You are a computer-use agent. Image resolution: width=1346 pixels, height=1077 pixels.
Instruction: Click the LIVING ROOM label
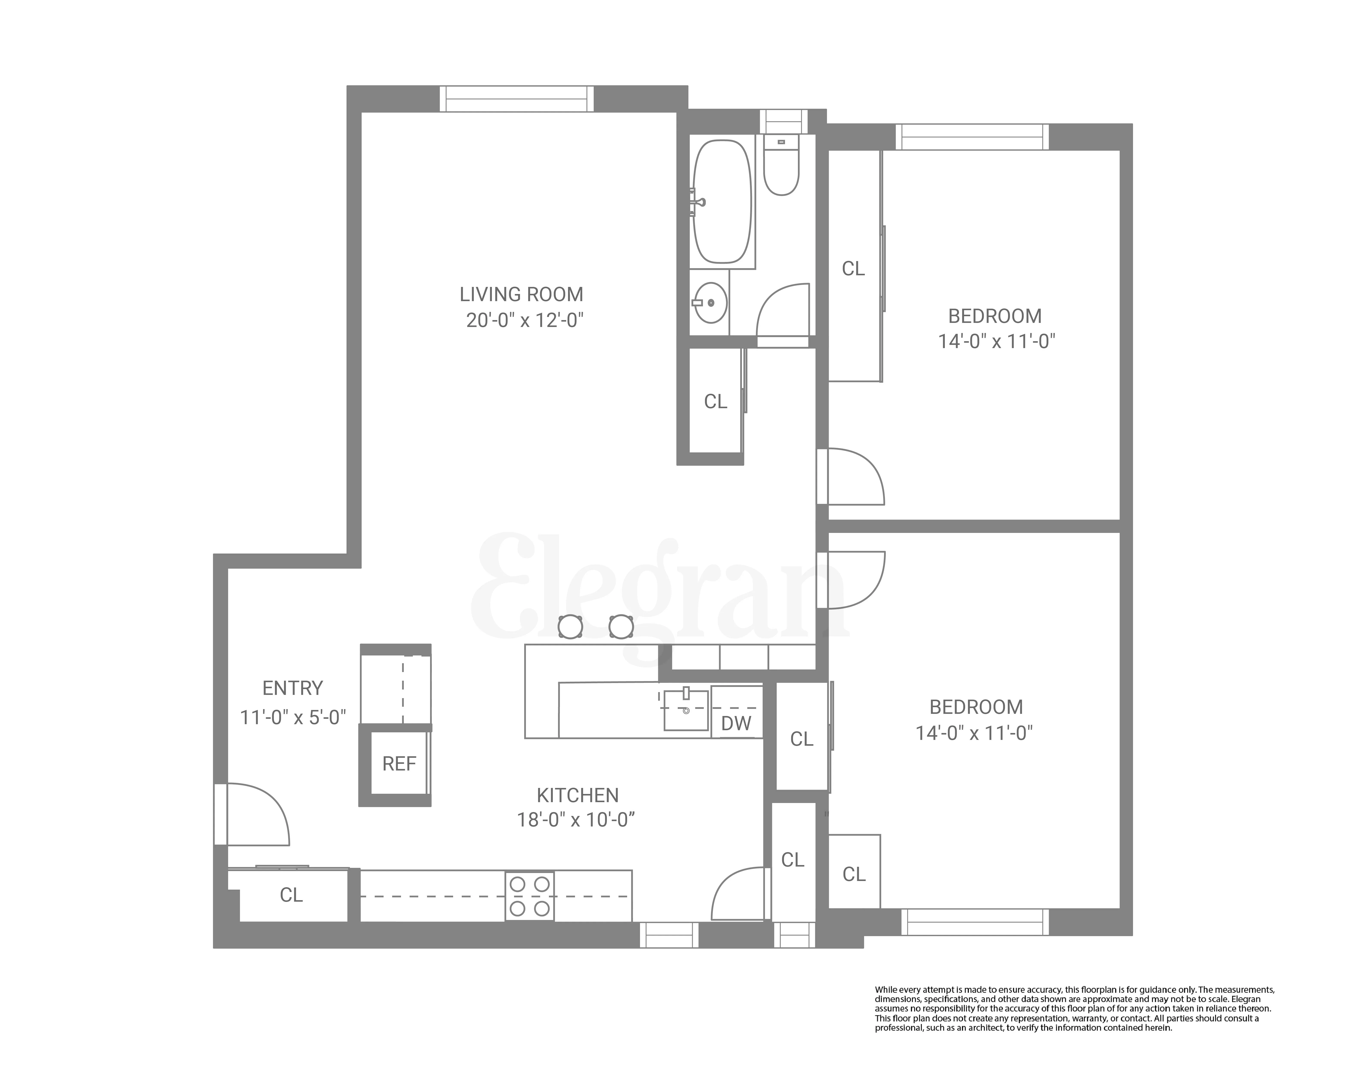521,294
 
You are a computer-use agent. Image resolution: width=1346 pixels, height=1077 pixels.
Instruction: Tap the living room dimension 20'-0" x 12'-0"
524,320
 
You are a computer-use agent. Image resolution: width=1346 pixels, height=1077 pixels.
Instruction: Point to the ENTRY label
292,688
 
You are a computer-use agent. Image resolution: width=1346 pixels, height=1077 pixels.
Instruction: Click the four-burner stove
529,896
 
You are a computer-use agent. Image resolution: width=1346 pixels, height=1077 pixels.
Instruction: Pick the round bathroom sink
710,303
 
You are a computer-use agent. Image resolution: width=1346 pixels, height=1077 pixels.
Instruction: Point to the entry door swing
256,815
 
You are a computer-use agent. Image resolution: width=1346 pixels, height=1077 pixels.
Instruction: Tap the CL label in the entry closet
291,895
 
